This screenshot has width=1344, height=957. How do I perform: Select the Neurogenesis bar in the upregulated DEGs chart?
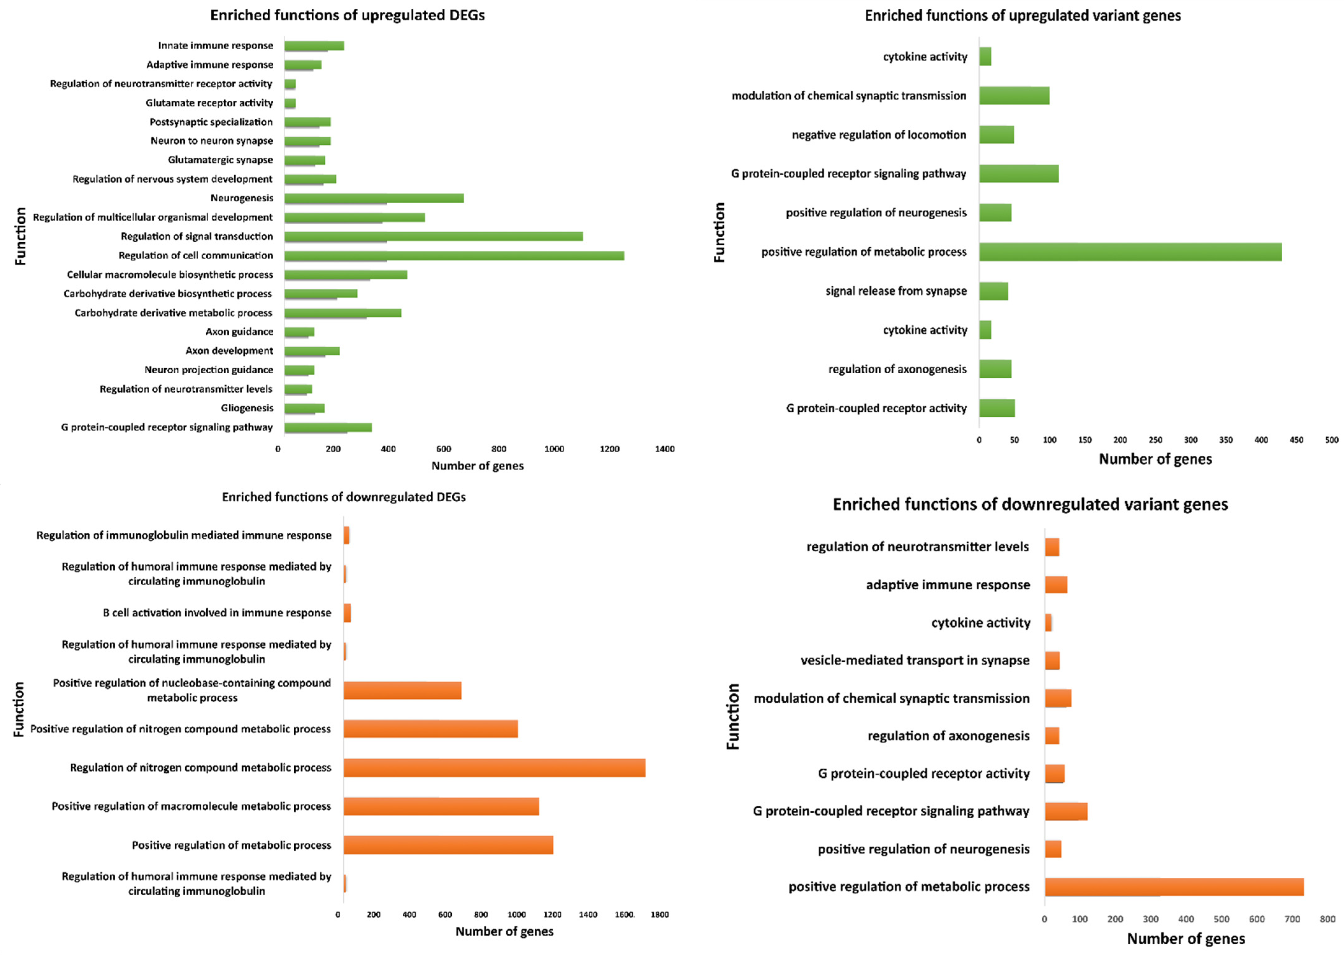374,198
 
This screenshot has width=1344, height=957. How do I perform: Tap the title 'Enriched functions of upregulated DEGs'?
347,15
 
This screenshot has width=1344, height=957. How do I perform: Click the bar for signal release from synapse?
993,291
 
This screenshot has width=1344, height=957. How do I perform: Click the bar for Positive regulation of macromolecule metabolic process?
441,806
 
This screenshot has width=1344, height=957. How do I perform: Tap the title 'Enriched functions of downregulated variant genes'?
1030,504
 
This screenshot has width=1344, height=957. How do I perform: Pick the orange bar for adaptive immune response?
1056,585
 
